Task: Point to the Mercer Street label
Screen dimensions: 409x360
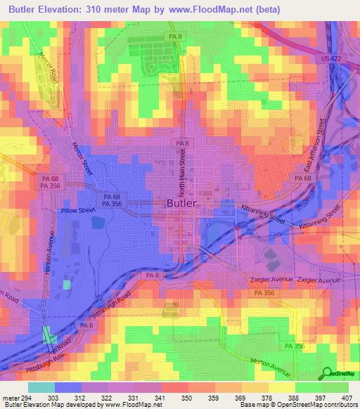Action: tap(83, 159)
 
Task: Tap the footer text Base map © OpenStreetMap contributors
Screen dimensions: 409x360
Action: tap(298, 405)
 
